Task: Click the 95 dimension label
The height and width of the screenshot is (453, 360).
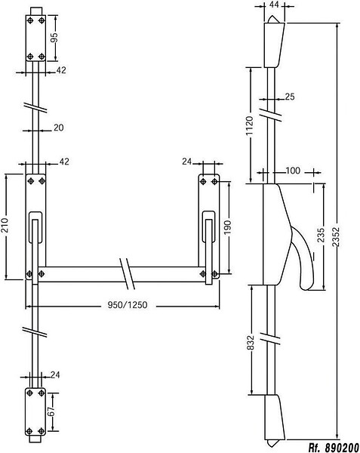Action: (x=54, y=38)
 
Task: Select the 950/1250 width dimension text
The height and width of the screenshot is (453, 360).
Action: (x=128, y=305)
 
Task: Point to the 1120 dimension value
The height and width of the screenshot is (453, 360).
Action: (x=249, y=125)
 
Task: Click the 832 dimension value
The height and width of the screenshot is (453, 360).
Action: (x=251, y=342)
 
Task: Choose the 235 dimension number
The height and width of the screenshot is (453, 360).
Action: (x=321, y=236)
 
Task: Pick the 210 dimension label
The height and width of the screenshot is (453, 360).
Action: (x=5, y=226)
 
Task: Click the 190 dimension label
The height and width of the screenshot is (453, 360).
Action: (x=228, y=228)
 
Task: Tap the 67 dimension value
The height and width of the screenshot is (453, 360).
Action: (x=51, y=411)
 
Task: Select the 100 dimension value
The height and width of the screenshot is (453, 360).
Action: (x=293, y=171)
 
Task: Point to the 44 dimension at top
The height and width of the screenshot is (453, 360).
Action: (x=274, y=5)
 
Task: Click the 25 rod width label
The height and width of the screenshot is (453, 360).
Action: (x=290, y=97)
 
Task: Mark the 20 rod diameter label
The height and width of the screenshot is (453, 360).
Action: (x=59, y=128)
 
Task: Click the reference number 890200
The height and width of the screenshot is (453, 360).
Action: (x=342, y=448)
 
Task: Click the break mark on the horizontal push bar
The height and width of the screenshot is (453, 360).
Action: (x=127, y=273)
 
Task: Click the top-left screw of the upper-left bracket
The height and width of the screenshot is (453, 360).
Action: (x=30, y=20)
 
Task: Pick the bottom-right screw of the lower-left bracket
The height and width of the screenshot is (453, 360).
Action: (x=42, y=431)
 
